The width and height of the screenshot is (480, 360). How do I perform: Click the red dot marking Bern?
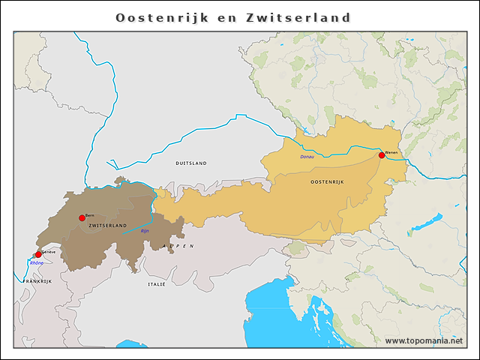82,217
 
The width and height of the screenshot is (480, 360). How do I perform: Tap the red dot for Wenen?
382,155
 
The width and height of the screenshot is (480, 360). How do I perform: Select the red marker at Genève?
38,255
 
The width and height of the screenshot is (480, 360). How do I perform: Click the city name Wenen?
391,152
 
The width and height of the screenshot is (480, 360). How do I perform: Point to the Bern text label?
90,215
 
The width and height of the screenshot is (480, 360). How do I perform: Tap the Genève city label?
49,253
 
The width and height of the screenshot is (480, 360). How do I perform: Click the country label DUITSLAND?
190,163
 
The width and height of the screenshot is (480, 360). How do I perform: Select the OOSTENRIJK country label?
326,182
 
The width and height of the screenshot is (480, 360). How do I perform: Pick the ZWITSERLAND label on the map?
107,225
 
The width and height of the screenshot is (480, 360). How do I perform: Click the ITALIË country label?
156,284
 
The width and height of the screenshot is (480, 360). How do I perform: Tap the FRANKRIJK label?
37,280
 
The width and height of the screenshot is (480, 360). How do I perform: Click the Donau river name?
307,157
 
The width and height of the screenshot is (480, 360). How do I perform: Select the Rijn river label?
145,231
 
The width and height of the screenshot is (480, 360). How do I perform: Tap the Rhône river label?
36,263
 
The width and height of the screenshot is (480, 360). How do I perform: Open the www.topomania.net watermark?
424,340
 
